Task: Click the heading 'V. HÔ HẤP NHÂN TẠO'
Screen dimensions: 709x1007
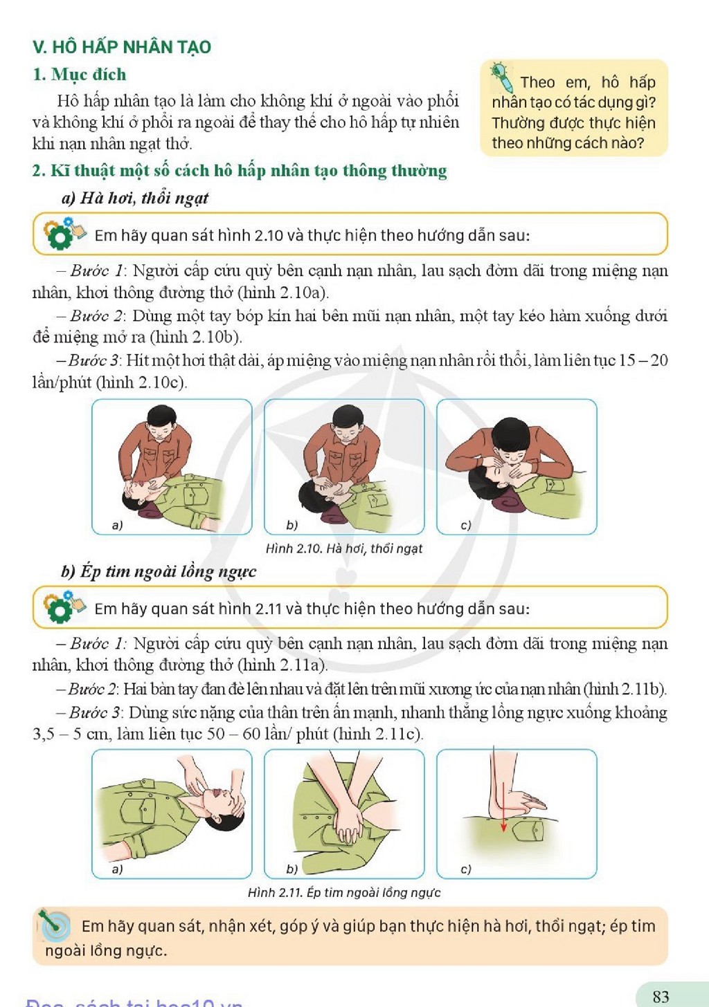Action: point(122,47)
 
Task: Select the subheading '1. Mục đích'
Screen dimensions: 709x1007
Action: point(80,74)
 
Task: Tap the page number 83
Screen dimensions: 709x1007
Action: point(661,996)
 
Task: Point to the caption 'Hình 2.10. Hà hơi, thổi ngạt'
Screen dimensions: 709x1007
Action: point(344,548)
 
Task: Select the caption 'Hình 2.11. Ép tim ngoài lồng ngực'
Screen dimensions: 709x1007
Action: point(344,892)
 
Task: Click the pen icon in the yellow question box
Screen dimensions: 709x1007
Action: point(502,76)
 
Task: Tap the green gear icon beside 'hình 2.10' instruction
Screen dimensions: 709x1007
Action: point(60,234)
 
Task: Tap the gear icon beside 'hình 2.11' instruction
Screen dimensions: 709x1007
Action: point(60,608)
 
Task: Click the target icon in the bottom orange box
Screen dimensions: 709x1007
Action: point(54,926)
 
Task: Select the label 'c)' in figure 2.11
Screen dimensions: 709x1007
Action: point(466,869)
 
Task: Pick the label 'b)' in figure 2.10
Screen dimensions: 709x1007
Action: point(292,525)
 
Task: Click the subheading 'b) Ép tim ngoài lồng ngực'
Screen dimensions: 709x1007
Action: point(159,571)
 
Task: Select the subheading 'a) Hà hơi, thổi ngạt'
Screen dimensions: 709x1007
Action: point(135,198)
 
